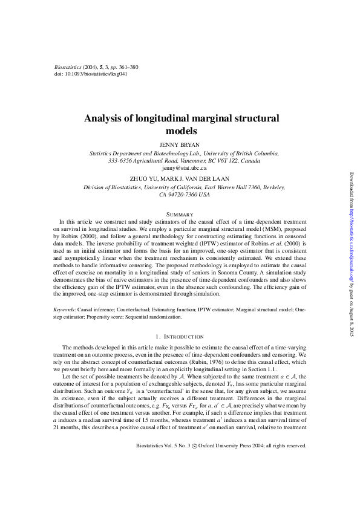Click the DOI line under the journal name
pos(91,74)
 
